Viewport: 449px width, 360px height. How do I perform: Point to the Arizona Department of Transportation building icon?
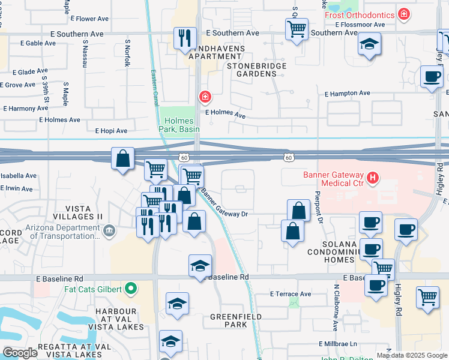coord(109,230)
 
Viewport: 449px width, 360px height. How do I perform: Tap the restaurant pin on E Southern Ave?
coord(184,37)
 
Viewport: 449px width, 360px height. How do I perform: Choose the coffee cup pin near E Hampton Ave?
coord(431,77)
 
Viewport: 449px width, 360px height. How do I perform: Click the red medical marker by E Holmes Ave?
coord(205,97)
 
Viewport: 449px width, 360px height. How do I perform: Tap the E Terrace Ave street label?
coord(291,294)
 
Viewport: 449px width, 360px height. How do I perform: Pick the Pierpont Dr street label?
coord(319,206)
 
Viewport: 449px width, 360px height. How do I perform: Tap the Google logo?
coord(20,353)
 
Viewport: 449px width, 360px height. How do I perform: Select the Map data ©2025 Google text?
coord(412,355)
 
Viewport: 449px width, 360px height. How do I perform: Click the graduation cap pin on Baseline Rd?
coord(200,265)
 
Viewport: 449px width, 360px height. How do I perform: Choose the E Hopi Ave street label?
coord(111,131)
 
